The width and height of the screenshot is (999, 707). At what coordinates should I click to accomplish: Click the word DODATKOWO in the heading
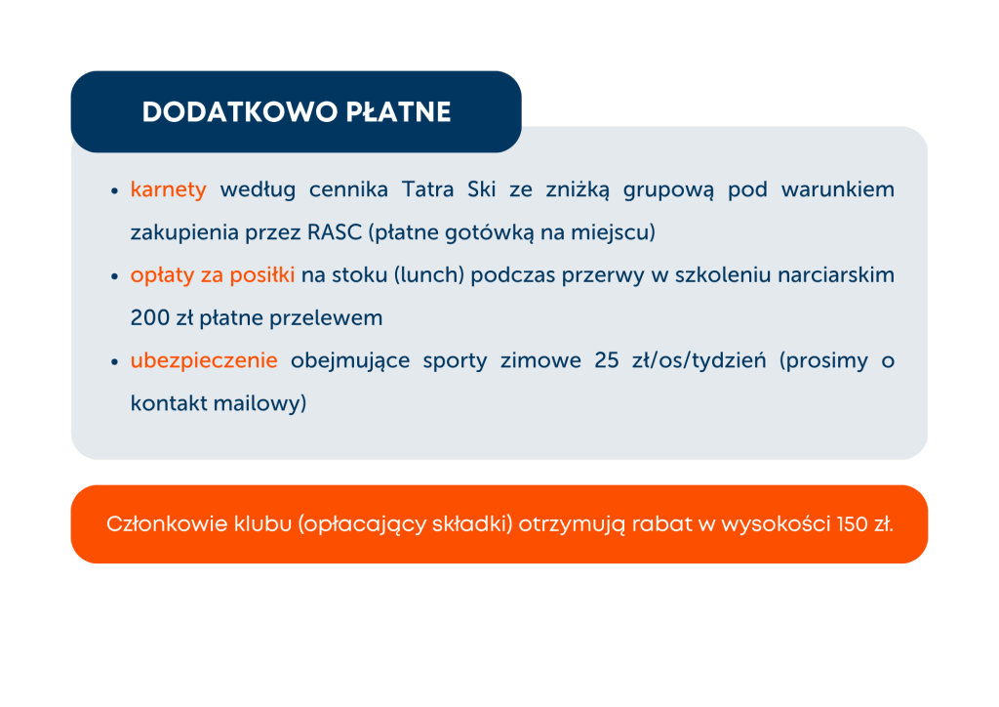[x=240, y=112]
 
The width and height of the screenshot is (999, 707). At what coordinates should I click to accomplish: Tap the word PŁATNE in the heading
[x=398, y=112]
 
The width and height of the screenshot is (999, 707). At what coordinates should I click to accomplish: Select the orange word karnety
[x=168, y=190]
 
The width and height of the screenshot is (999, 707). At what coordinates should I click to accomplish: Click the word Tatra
[x=427, y=189]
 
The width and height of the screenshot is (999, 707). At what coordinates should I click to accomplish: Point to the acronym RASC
[x=335, y=232]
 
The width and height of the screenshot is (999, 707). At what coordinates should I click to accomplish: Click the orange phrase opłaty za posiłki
[x=212, y=275]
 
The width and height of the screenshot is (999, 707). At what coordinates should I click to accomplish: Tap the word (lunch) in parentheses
[x=429, y=275]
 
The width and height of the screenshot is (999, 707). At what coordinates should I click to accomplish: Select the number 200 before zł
[x=149, y=317]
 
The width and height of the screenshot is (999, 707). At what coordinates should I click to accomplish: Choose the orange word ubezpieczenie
[x=204, y=361]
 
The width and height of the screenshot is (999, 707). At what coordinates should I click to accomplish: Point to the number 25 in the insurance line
[x=607, y=360]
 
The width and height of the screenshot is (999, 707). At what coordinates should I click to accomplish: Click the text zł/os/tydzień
[x=699, y=361]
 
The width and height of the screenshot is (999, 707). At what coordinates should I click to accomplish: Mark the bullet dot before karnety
[x=115, y=190]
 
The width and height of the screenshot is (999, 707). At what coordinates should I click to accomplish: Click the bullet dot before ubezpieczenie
[x=115, y=361]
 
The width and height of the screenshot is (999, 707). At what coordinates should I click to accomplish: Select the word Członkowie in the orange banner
[x=167, y=524]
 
